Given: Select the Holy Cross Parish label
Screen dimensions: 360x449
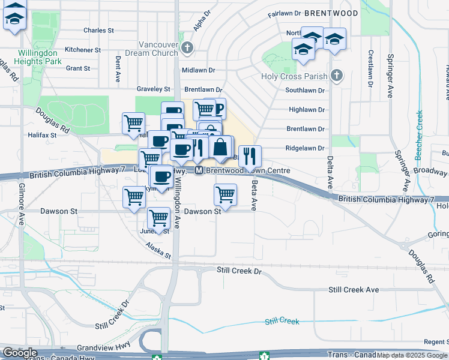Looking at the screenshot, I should coord(294,76).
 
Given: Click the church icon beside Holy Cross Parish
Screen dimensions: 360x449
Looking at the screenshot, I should coord(337,76).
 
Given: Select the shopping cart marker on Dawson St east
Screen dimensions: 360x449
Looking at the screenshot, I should coord(225,194).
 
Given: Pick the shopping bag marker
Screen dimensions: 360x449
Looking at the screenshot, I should coord(220,147).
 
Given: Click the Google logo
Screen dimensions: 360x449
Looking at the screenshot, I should coord(19,353).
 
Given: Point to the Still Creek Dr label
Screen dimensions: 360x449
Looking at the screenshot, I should coord(240,271).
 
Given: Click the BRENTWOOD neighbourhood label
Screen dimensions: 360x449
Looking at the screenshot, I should coord(331,13).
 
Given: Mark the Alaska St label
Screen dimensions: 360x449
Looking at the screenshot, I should coord(159,249).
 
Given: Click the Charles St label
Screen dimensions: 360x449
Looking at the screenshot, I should coord(99,30).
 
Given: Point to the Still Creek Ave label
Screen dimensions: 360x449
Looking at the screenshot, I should coord(354,290).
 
